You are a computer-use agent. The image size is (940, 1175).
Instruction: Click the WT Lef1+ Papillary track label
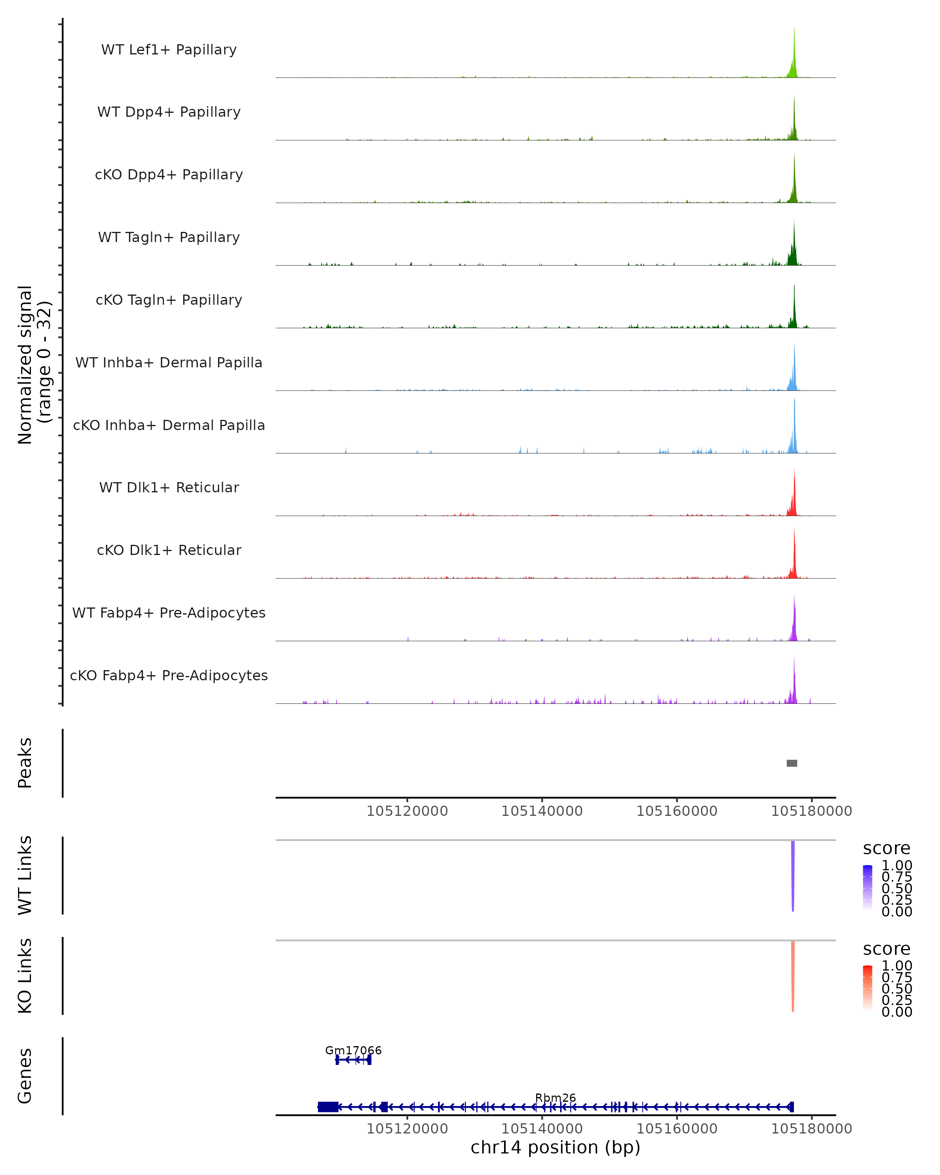click(169, 50)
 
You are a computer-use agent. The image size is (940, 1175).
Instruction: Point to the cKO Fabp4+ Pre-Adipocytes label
click(169, 675)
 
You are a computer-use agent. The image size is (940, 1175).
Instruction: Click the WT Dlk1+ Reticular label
click(169, 487)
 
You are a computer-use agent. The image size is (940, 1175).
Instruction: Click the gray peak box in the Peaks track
click(792, 763)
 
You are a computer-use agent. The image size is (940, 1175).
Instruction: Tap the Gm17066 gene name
click(353, 1050)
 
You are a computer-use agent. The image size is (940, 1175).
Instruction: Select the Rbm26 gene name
click(555, 1097)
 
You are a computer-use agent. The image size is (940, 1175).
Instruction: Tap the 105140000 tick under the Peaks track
click(542, 811)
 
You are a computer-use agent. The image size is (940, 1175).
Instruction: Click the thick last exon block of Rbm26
click(327, 1107)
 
